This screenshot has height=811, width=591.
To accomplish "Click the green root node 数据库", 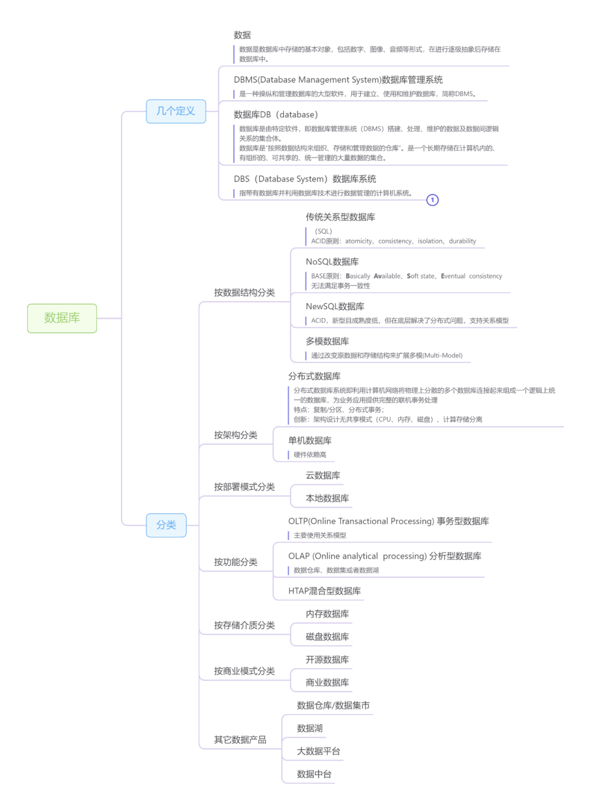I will [62, 318].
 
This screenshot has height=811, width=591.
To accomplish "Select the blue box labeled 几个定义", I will [176, 111].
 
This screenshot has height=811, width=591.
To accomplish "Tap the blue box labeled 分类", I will [166, 525].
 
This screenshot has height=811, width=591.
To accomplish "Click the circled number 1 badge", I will [432, 200].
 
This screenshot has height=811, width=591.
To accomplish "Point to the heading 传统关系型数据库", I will [340, 217].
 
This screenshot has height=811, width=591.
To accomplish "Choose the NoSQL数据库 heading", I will [332, 262].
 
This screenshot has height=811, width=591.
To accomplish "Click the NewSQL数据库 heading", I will [335, 306].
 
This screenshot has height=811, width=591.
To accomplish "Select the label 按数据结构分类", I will [244, 293].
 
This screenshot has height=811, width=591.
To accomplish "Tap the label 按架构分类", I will [235, 435].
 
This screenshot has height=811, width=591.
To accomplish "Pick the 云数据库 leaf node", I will [323, 476].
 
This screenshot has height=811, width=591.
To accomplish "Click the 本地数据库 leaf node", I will [327, 499].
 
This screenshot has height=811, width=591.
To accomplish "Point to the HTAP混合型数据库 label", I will [325, 591].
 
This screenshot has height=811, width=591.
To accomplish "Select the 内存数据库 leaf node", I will [327, 614].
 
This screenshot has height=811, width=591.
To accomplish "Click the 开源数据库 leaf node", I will [327, 660].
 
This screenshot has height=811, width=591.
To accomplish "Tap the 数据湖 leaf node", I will [310, 728].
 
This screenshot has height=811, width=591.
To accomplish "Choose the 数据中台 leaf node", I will [314, 774].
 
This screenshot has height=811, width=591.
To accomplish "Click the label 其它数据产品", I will [240, 740].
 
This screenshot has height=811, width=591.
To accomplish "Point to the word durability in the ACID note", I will [462, 241].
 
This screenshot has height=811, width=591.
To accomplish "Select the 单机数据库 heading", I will [310, 441].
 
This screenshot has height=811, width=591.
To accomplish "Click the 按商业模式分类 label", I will [244, 671].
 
